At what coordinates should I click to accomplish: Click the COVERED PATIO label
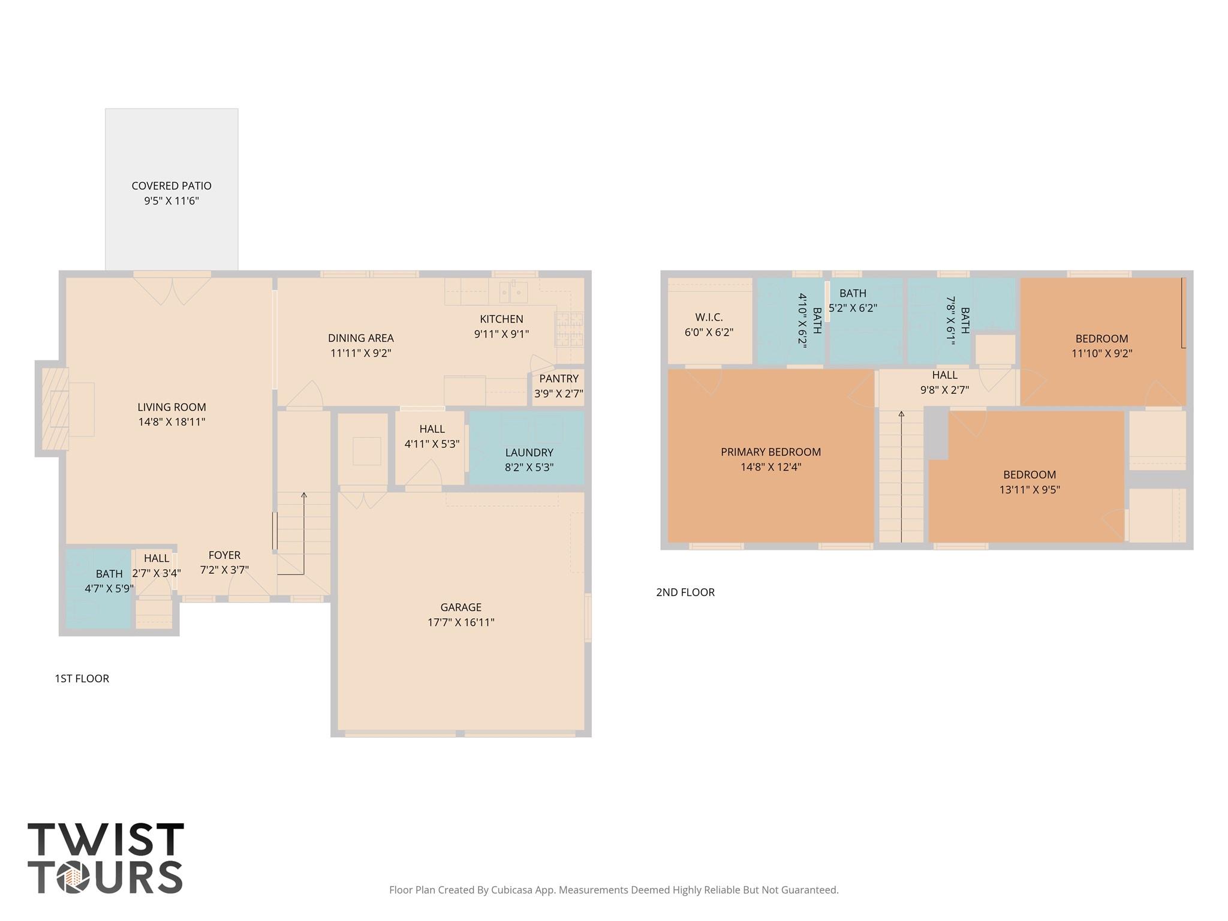tap(171, 186)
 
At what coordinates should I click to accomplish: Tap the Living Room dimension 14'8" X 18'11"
tap(171, 422)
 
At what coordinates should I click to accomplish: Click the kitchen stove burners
tap(569, 329)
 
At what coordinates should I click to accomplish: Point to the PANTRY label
tap(558, 379)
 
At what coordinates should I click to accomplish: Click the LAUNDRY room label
tap(529, 453)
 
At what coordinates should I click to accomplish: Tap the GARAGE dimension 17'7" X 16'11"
tap(460, 622)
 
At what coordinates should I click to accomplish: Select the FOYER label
tap(224, 555)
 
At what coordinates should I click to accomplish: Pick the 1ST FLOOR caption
tap(82, 679)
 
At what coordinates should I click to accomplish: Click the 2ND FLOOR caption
tap(685, 592)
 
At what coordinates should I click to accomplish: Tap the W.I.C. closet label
tap(709, 317)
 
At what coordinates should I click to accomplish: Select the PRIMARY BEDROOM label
tap(770, 452)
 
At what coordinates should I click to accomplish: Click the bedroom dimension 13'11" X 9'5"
tap(1029, 490)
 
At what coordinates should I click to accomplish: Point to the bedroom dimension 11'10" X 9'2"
tap(1101, 354)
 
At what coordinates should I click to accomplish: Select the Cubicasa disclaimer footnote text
tap(613, 890)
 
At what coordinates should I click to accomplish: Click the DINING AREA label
tap(360, 338)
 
